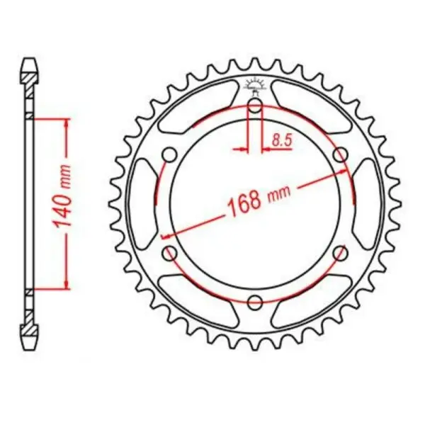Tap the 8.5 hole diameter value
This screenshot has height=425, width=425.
[282, 141]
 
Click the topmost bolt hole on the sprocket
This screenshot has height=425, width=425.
[256, 107]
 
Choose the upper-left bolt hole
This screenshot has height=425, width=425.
[169, 155]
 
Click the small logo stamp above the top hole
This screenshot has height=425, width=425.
[255, 86]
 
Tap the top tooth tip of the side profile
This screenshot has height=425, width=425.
[28, 60]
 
